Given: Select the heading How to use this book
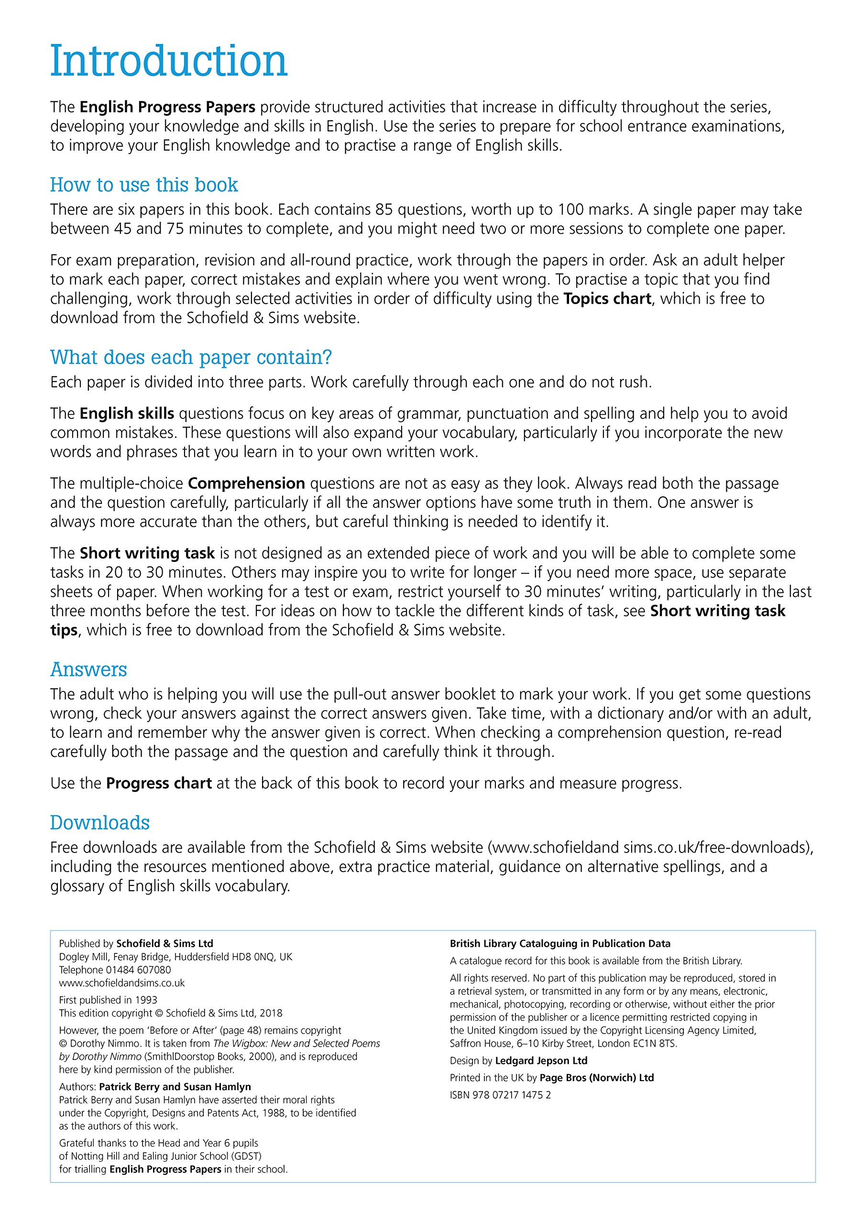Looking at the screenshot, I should [x=144, y=185].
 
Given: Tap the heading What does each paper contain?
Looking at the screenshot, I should [x=191, y=357].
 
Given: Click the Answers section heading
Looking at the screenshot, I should [x=88, y=669].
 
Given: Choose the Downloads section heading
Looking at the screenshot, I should [x=100, y=822].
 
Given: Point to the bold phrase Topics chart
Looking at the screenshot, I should [x=607, y=298].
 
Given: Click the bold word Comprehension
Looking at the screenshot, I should [x=246, y=483].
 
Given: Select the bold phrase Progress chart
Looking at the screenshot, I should [x=159, y=783].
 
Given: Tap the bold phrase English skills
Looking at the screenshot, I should [x=127, y=413].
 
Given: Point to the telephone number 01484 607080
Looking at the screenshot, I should [x=139, y=970].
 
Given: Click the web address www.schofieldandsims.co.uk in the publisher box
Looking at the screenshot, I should [x=121, y=983].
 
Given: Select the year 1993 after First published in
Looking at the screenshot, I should [x=146, y=1000].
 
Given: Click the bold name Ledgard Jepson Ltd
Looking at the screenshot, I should [x=541, y=1060].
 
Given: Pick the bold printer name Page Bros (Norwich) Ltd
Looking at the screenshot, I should [x=597, y=1077].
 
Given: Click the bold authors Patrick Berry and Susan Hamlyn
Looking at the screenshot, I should [x=175, y=1086].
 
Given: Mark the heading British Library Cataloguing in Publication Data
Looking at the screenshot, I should [x=560, y=944].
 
